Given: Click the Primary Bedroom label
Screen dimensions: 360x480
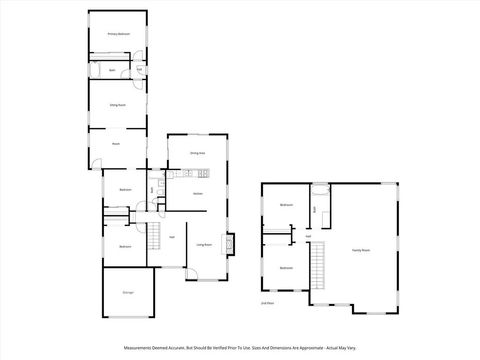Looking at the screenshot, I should pos(118,34).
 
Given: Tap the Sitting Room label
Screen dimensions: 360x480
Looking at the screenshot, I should pos(117,104).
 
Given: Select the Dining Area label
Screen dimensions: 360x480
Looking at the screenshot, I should pos(198,153).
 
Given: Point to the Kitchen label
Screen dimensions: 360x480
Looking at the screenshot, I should pos(198,192).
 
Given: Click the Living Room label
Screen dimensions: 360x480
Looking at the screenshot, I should pos(203,244).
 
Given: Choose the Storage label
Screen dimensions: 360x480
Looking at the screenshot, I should pos(128,292).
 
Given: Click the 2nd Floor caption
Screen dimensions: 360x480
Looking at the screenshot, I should pos(267,303).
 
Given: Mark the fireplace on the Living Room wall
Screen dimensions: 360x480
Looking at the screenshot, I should pos(231,243).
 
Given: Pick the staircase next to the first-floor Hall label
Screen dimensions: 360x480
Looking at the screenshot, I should pos(155,237).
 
